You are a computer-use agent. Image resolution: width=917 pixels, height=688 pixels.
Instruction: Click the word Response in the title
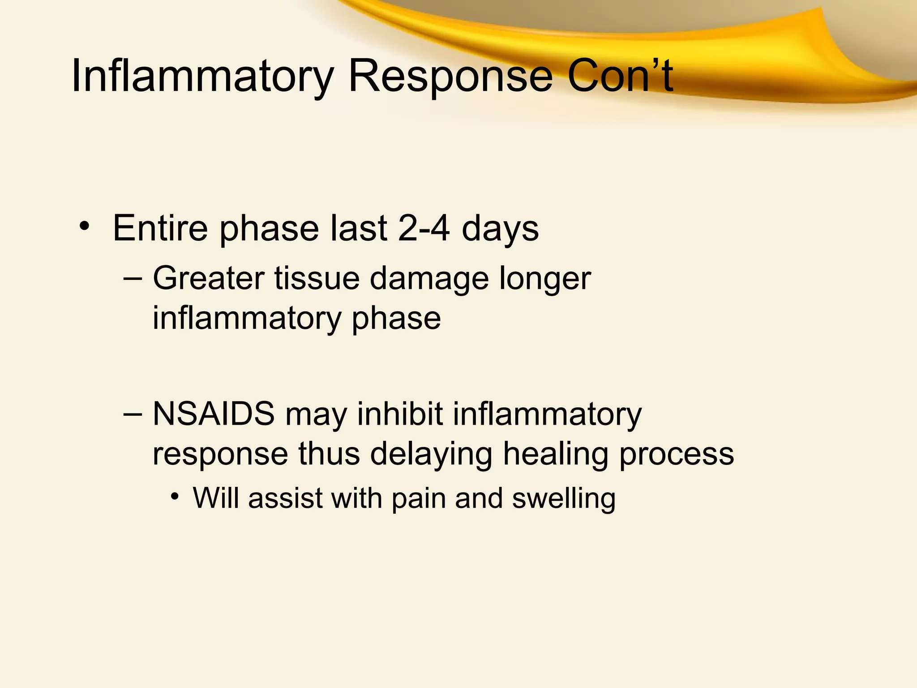click(450, 76)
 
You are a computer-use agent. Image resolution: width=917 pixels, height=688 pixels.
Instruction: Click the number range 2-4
click(424, 228)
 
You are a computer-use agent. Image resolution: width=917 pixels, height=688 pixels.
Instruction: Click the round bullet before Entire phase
click(84, 226)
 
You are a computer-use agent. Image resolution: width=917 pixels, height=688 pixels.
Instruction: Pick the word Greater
click(208, 279)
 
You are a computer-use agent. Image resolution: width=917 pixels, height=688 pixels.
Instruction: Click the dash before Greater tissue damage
click(133, 279)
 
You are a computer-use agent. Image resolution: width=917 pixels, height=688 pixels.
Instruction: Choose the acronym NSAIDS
click(214, 414)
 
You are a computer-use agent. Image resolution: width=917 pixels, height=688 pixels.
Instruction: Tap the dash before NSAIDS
click(133, 414)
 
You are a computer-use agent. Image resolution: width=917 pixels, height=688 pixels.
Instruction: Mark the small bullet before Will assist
click(175, 496)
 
